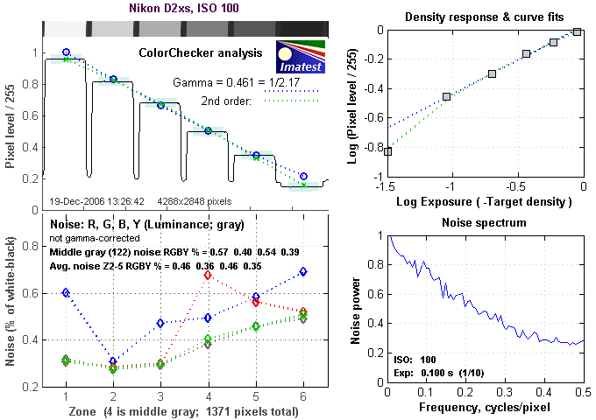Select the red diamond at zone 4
coord(208,275)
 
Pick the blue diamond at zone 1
coord(66,317)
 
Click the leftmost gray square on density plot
coord(388,151)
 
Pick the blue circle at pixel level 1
coord(66,52)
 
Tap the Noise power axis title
coord(357,310)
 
